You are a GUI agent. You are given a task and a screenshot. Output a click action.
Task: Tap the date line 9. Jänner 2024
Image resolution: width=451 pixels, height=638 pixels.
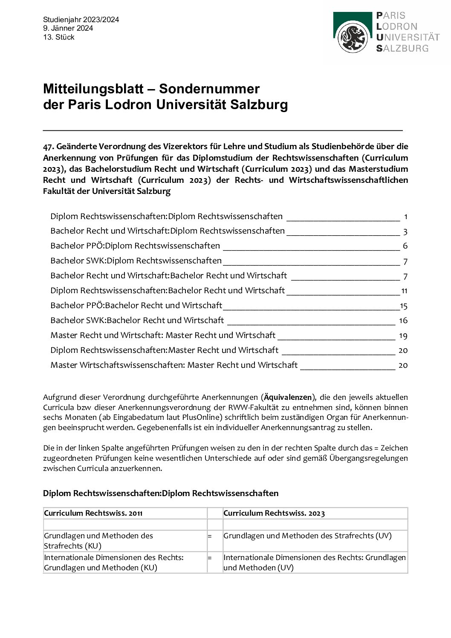point(68,28)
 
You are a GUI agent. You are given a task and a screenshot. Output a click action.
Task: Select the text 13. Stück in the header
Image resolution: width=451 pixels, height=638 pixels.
point(58,37)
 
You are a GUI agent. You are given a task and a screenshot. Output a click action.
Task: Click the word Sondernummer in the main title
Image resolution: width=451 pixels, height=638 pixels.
point(209,89)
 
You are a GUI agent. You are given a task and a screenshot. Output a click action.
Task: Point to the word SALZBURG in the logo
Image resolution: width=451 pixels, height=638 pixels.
point(402,48)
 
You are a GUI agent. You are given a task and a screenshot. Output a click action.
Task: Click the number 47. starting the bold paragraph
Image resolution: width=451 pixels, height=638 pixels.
point(48,146)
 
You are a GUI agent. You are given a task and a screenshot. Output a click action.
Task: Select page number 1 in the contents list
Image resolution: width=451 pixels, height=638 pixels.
point(405,217)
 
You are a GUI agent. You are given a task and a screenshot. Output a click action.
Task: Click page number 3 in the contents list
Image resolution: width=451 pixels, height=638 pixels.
point(405,231)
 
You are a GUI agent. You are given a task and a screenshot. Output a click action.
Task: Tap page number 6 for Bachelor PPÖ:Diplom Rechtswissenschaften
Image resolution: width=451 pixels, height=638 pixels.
point(405,246)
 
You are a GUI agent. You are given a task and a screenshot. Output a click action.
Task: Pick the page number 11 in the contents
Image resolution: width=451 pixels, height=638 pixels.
point(404,291)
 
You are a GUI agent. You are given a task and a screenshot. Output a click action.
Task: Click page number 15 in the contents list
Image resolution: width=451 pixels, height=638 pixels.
point(404,306)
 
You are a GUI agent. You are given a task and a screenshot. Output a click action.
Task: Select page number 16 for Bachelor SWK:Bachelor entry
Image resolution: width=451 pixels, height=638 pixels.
point(403,320)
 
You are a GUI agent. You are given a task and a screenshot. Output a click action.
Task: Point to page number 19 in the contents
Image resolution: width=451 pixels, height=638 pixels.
point(403,335)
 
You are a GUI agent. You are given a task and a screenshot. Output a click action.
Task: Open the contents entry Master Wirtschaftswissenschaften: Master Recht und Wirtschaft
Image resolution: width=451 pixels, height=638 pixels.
point(174,365)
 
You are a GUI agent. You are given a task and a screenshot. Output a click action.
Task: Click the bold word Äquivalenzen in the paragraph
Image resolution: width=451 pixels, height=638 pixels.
point(288,397)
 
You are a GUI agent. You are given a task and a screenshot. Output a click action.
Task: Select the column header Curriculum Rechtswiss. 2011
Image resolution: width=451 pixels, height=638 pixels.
point(93,513)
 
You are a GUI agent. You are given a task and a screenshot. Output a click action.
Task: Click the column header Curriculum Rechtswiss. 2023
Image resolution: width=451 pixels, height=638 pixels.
point(274,513)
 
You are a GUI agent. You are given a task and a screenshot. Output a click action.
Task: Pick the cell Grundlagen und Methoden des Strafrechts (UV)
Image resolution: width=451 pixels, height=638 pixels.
point(307,536)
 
